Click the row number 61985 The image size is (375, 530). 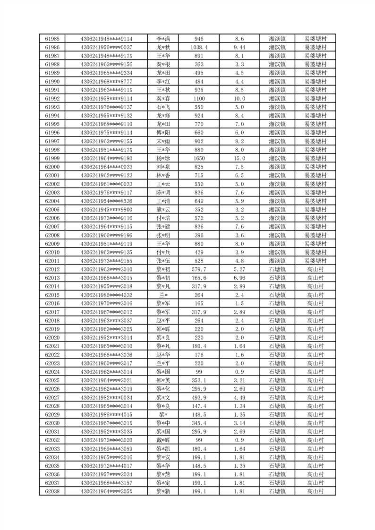pyautogui.click(x=52, y=39)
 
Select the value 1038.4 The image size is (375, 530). pyautogui.click(x=199, y=47)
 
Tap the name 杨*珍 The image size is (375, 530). pyautogui.click(x=163, y=158)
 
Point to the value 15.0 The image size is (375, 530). pyautogui.click(x=239, y=158)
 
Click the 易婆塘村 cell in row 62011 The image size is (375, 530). pyautogui.click(x=315, y=261)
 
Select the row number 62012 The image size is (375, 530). pyautogui.click(x=52, y=269)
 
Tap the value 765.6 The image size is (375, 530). pyautogui.click(x=199, y=278)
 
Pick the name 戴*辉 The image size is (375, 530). pyautogui.click(x=163, y=440)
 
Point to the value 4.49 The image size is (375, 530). pyautogui.click(x=239, y=398)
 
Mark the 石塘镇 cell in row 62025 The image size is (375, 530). pyautogui.click(x=277, y=380)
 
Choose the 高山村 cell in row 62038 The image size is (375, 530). pyautogui.click(x=315, y=492)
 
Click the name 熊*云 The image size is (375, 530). pyautogui.click(x=163, y=210)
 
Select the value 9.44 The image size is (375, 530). pyautogui.click(x=239, y=47)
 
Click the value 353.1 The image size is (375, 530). pyautogui.click(x=199, y=380)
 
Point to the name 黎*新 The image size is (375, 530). pyautogui.click(x=163, y=492)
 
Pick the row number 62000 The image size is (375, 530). pyautogui.click(x=52, y=167)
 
